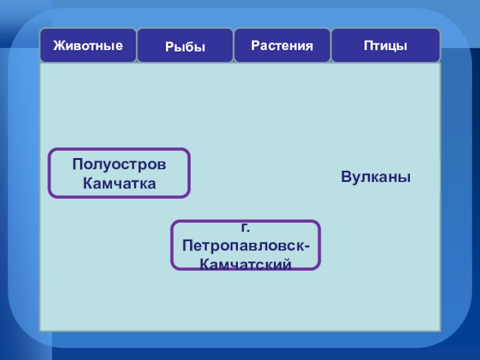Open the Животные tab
pos(88,46)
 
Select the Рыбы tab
pos(185,46)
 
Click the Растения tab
pos(282,46)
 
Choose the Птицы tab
pos(385,46)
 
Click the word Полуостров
pos(119,164)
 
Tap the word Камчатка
pos(119,183)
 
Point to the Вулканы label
pos(376,178)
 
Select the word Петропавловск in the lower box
pos(244,246)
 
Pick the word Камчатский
pos(245,263)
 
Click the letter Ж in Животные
pos(58,46)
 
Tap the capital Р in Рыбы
pos(168,46)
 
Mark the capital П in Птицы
pos(367,46)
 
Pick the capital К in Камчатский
pos(204,263)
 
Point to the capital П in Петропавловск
pos(188,246)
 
